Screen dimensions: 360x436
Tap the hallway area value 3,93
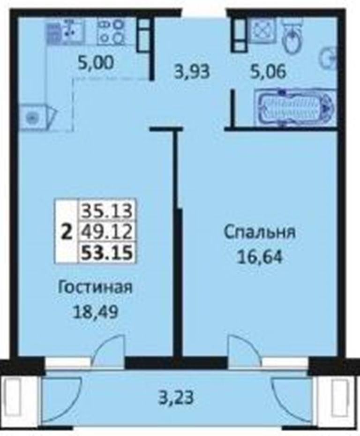coord(191,72)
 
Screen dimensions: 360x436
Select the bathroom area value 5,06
coord(268,72)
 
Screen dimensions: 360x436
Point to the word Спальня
coord(260,233)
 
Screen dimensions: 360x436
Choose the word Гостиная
coord(95,287)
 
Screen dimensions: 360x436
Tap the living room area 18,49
coord(95,312)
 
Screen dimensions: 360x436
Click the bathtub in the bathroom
coord(295,106)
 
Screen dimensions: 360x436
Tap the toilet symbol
coord(292,37)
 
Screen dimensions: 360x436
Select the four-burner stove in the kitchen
coord(111,32)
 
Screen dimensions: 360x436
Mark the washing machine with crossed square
coord(262,30)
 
